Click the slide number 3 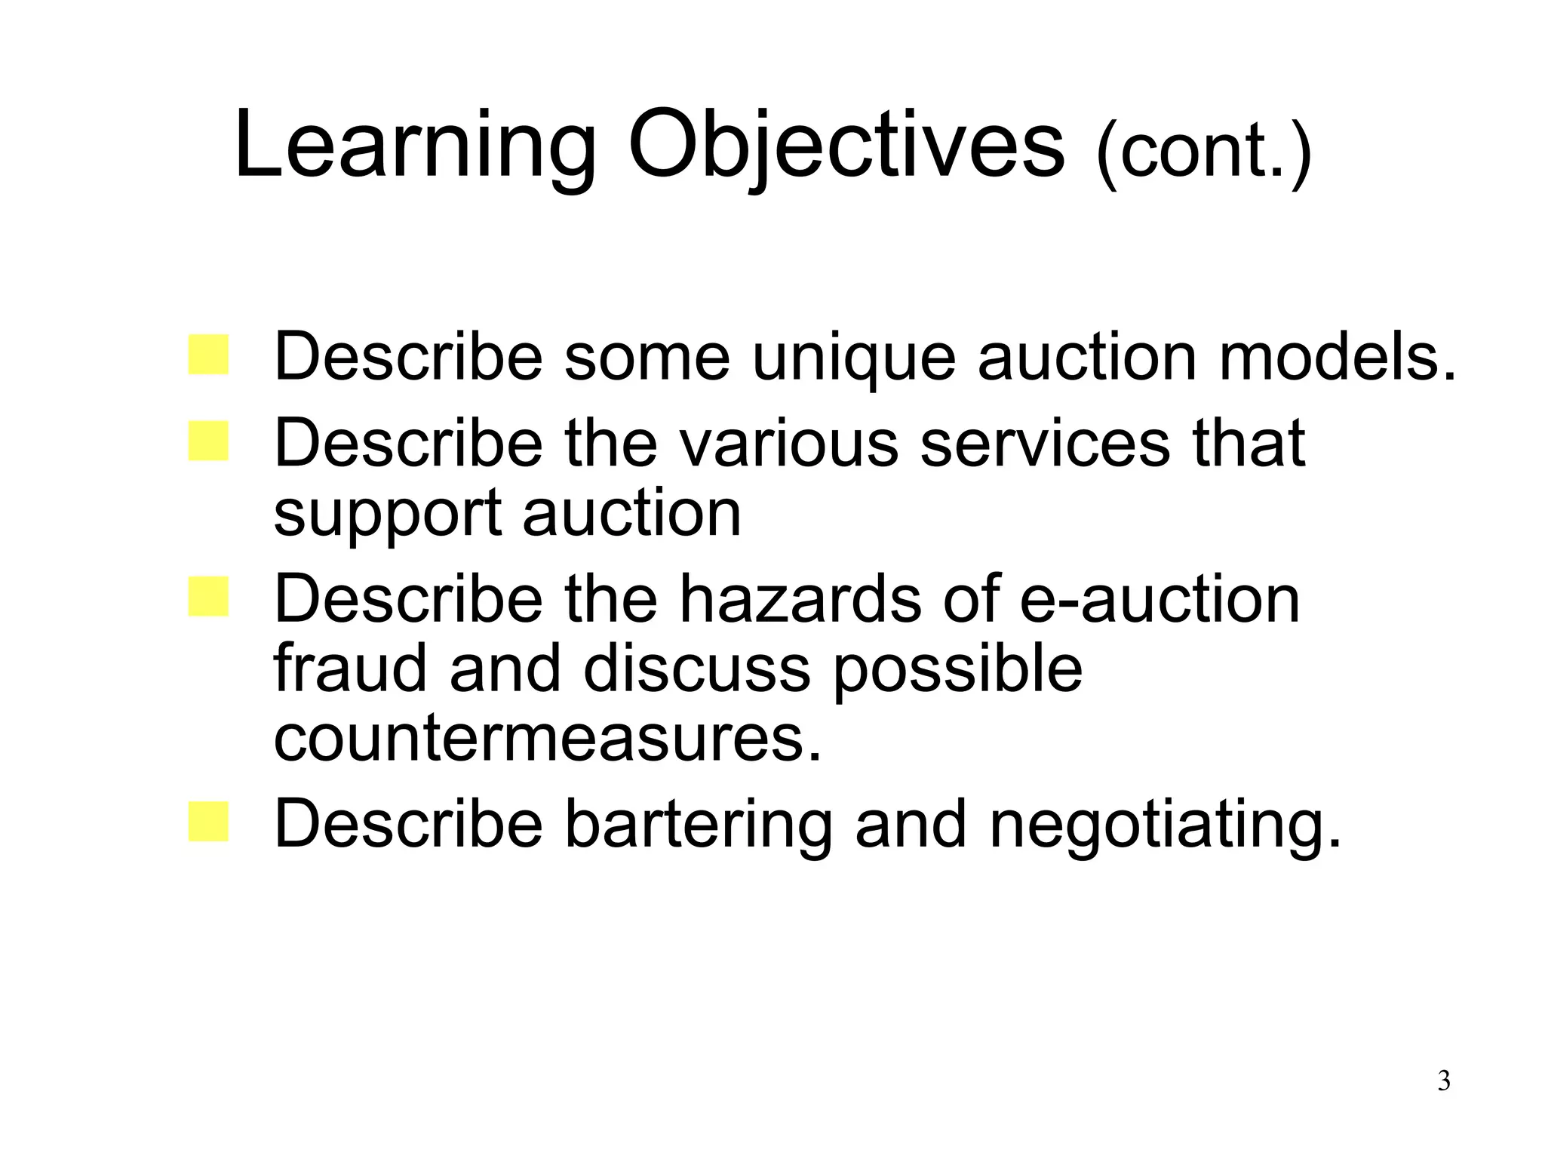pos(1443,1081)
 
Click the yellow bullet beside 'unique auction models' pos(208,355)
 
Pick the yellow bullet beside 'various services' pos(208,441)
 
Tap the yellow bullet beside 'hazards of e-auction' pos(208,597)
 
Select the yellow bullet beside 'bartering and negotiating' pos(208,822)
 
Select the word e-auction pos(1160,600)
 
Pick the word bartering pos(698,825)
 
